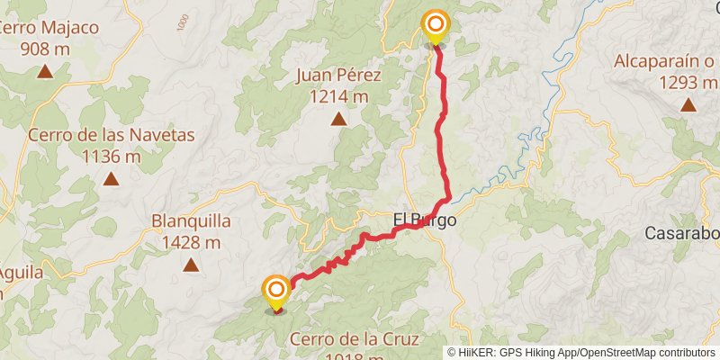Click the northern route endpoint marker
436,24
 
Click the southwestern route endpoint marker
276,290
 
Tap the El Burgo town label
425,220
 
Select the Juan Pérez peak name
338,76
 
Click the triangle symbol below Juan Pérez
338,118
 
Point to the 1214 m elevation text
338,95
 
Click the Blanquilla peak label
192,220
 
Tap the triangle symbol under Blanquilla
191,265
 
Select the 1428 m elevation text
192,241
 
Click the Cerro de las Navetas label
111,136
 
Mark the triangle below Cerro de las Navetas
111,179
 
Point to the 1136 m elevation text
111,157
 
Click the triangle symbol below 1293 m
688,104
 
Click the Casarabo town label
682,234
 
